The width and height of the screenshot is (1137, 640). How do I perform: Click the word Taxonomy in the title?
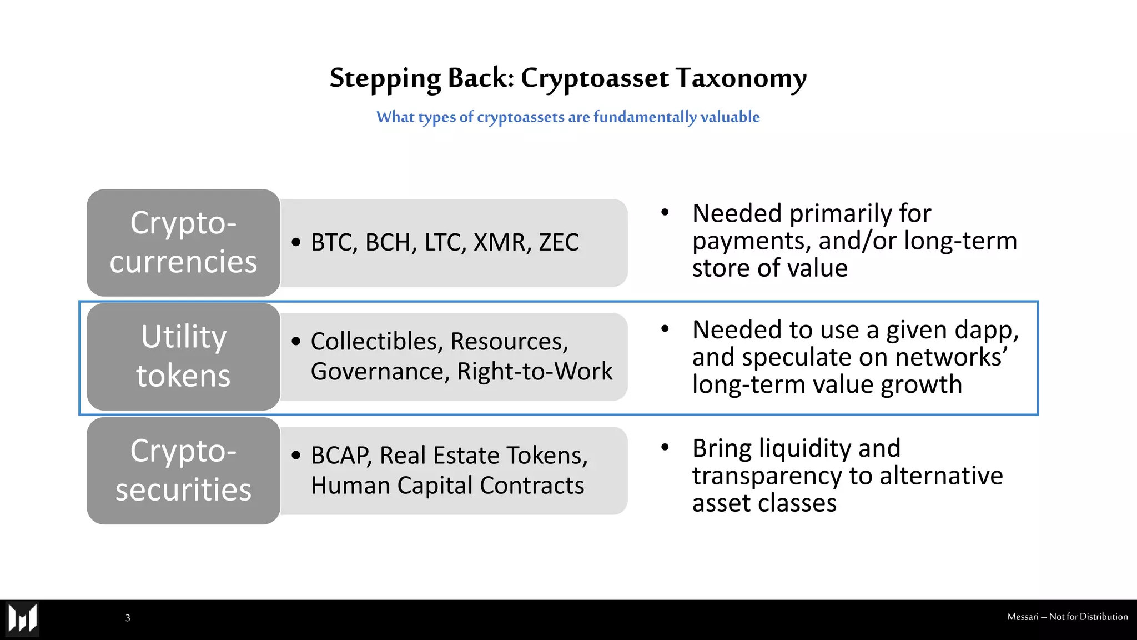click(741, 78)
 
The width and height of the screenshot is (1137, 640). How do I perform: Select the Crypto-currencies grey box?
click(183, 242)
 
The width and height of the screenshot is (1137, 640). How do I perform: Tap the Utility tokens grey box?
click(183, 357)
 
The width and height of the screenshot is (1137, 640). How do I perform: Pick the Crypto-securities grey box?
click(183, 471)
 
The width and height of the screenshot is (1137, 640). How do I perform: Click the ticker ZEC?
click(559, 243)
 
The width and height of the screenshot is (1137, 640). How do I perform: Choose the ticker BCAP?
click(340, 456)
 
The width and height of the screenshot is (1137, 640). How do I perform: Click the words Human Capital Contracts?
click(447, 486)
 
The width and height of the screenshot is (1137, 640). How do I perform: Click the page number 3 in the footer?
click(128, 618)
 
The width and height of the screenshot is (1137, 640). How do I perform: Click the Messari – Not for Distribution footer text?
click(1067, 617)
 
